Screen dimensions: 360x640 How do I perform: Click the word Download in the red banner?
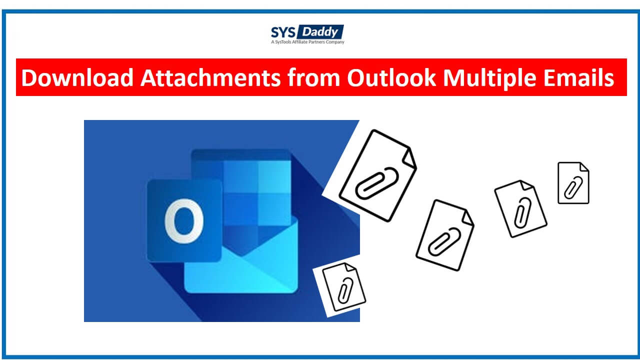77,78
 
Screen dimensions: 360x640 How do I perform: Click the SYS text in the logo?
283,32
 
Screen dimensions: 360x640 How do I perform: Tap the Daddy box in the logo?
320,32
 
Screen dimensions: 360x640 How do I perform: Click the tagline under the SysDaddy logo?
307,42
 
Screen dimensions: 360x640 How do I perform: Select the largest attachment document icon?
377,175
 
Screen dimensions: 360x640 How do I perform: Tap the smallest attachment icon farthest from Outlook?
573,182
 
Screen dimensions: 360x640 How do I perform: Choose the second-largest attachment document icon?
444,235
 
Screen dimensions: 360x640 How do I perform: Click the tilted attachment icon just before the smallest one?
520,208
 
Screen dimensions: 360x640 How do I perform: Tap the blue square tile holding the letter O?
184,220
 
